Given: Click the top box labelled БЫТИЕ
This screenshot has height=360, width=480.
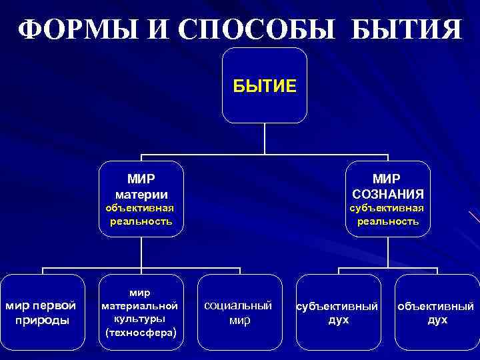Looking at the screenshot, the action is [x=265, y=85].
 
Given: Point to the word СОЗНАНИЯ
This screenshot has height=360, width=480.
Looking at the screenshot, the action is [x=388, y=194].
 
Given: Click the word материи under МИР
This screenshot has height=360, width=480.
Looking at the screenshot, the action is [x=141, y=194].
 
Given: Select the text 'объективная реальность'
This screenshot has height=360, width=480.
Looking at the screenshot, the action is [x=141, y=214].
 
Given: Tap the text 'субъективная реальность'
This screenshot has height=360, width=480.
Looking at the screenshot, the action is [x=388, y=214].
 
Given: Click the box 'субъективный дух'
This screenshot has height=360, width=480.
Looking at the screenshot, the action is [x=339, y=312].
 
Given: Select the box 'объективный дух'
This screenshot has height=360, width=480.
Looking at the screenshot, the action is [x=437, y=312].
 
